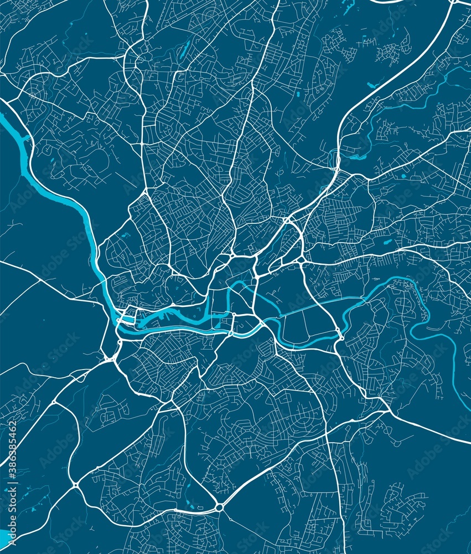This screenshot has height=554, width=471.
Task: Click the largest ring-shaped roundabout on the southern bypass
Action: [220, 507]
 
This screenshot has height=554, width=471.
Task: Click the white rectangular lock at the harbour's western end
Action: [127, 319]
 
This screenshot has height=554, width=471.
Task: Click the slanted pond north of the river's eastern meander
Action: [382, 242]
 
